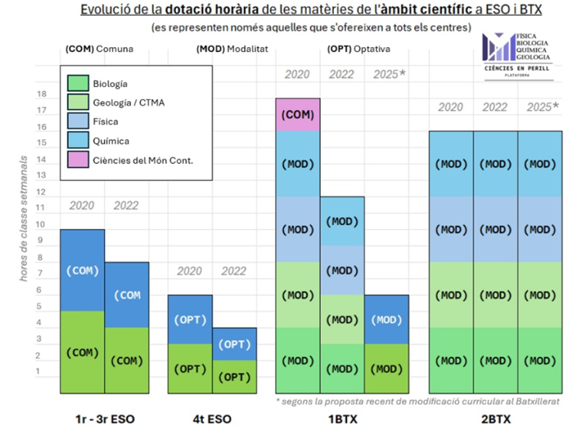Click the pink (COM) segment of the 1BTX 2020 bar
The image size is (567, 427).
coord(298,115)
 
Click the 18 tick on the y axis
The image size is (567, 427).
coord(41,95)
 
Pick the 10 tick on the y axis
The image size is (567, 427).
coord(41,225)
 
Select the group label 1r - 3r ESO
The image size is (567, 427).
coord(104,418)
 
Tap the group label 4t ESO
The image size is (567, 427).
coord(212,418)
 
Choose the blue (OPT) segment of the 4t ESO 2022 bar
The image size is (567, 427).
coord(235,344)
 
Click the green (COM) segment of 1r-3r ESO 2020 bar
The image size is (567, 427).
coord(82,352)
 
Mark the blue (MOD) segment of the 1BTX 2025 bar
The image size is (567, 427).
coord(386,319)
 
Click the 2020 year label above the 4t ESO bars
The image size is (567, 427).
coord(190,271)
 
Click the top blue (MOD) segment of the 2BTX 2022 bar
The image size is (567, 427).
coord(495,164)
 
